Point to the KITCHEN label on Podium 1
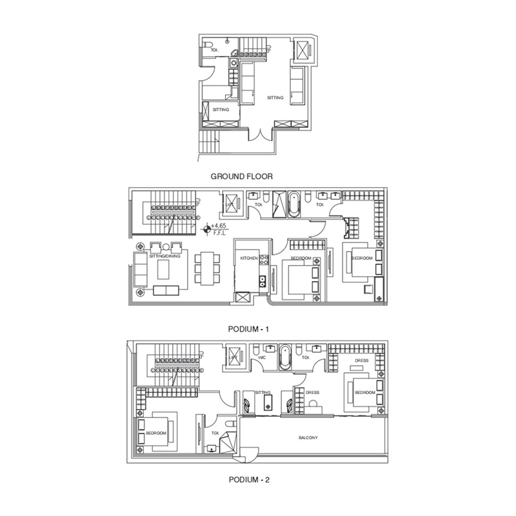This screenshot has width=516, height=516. pyautogui.click(x=249, y=258)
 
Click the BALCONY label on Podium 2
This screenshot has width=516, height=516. pyautogui.click(x=308, y=438)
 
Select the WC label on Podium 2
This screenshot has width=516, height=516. pyautogui.click(x=263, y=356)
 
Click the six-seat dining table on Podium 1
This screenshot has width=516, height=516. pyautogui.click(x=205, y=270)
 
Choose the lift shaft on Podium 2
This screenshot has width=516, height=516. pyautogui.click(x=233, y=356)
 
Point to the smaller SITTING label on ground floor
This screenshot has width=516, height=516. pyautogui.click(x=221, y=110)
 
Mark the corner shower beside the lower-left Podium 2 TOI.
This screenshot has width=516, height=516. pyautogui.click(x=227, y=444)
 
